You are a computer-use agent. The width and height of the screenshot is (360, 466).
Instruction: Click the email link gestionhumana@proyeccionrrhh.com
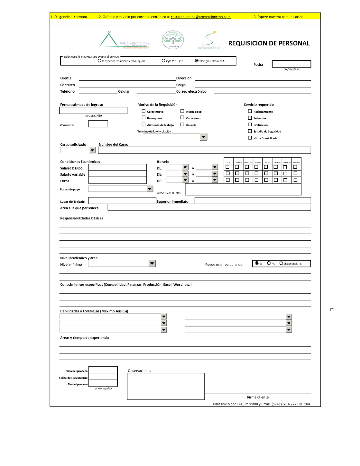coord(200,17)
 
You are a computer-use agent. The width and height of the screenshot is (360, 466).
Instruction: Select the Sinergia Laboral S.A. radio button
coord(197,61)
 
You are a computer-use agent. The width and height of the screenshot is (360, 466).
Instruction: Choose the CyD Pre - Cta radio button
coord(163,61)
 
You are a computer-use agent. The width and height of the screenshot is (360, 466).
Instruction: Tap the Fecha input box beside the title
coord(291,64)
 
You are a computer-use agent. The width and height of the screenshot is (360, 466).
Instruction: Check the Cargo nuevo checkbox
coord(144,111)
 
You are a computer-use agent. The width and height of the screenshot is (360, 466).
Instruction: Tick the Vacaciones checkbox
coord(182,118)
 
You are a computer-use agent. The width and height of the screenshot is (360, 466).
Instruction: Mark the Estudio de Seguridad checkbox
coord(250,131)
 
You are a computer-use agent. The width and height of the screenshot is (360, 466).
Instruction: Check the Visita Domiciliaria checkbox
coord(250,138)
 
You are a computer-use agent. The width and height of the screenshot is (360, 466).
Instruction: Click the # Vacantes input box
coord(98,124)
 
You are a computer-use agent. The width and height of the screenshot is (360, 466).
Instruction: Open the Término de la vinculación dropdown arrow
coord(204,137)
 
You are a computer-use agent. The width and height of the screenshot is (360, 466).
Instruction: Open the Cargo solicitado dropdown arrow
coord(92,150)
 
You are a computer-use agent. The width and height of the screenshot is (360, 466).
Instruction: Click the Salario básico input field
coord(117,167)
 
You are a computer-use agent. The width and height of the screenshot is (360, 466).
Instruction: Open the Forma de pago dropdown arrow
coord(150,189)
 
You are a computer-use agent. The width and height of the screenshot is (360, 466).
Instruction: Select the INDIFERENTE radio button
coord(281,263)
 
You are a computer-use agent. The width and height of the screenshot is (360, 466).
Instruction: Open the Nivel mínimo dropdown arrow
coord(152,264)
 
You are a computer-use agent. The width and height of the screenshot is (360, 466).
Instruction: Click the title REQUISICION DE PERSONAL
coord(269,43)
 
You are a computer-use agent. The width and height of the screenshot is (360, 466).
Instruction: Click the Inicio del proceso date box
coord(103,370)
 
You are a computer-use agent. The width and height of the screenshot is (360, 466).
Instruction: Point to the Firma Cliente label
coord(258,397)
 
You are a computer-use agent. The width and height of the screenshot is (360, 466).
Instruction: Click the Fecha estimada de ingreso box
coord(93,110)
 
